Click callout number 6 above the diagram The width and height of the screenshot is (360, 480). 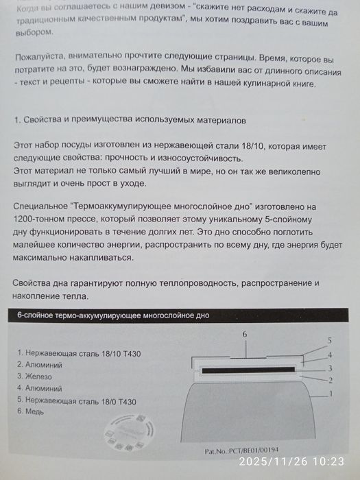coord(245,333)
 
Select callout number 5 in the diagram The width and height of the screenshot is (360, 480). coord(330,341)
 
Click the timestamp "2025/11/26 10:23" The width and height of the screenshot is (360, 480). coord(295,462)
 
